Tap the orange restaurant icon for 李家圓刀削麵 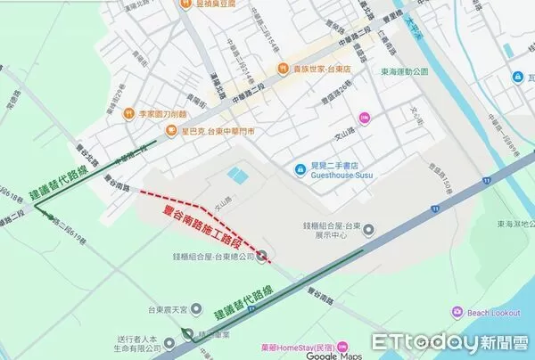pyautogui.click(x=129, y=113)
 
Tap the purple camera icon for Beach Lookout pyautogui.click(x=458, y=312)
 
